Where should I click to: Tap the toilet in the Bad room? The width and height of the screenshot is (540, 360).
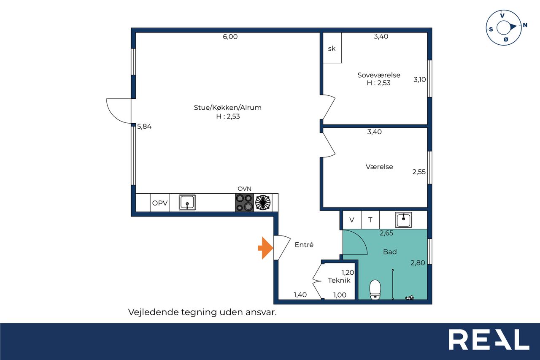(375, 290)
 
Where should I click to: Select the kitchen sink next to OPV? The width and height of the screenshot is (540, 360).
(187, 202)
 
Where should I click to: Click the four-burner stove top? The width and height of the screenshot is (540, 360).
(244, 203)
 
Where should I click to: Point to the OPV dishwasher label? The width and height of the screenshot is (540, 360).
(160, 203)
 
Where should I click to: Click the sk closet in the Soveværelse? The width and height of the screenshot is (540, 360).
(332, 48)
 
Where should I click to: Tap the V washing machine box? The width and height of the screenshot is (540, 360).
(352, 219)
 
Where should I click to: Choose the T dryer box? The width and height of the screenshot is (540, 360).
(370, 219)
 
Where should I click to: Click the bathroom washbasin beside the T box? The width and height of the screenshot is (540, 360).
(403, 219)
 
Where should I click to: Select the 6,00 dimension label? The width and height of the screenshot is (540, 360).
(230, 37)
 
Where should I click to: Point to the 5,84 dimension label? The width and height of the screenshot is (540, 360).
(144, 126)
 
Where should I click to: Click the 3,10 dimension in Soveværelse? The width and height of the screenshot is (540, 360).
(419, 79)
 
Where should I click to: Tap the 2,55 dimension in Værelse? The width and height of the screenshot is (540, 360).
(419, 172)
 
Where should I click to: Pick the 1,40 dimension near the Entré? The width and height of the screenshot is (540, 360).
(300, 295)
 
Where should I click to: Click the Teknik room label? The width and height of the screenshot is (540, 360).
(339, 280)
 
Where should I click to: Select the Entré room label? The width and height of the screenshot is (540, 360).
(304, 244)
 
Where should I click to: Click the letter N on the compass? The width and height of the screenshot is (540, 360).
(525, 25)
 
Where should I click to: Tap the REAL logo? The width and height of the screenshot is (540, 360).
(489, 339)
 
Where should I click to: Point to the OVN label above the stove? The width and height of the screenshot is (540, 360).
(244, 189)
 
